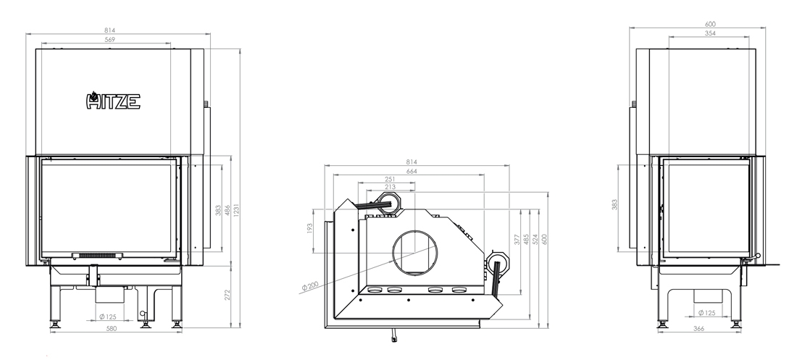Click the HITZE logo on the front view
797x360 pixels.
[113, 101]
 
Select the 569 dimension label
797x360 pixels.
[110, 39]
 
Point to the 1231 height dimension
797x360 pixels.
[236, 209]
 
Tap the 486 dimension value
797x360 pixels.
[228, 209]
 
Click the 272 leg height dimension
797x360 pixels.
[228, 295]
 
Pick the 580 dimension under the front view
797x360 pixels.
[112, 328]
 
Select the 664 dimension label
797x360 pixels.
[412, 172]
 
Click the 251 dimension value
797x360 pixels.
[390, 180]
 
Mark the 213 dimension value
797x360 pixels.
[390, 187]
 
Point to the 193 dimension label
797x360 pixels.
[309, 228]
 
